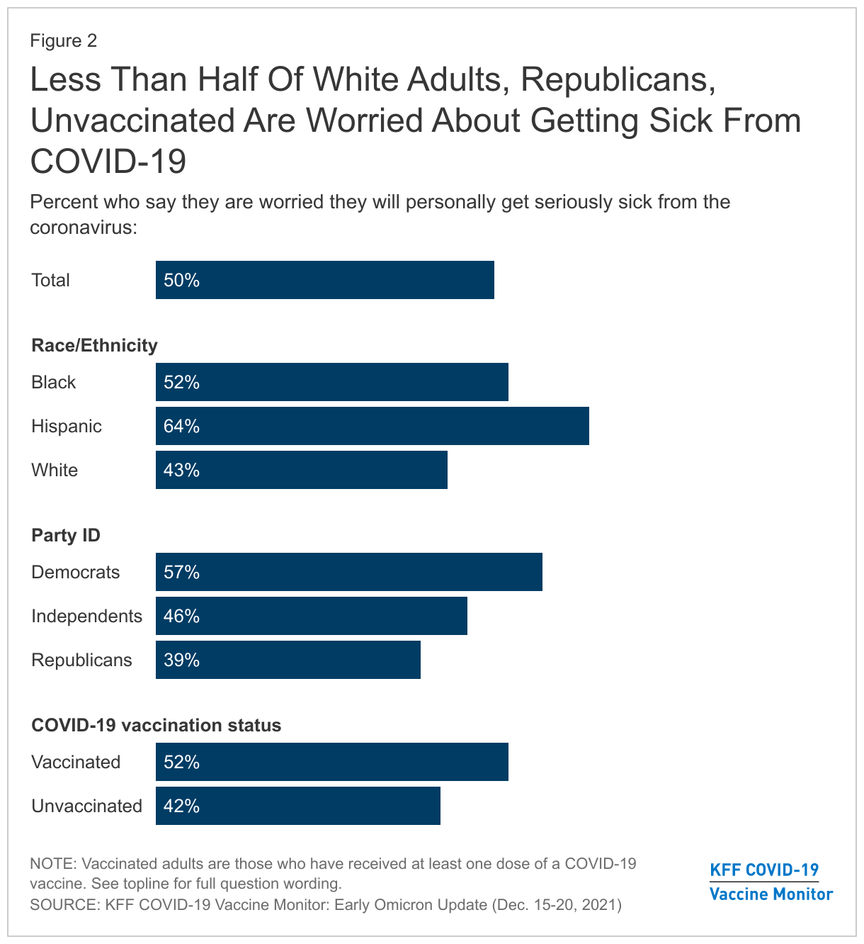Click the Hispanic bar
(x=372, y=426)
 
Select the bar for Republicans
(x=288, y=660)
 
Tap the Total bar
(x=324, y=280)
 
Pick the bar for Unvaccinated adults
(x=297, y=806)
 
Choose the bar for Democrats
(x=348, y=572)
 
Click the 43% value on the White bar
(x=181, y=470)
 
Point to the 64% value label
(x=181, y=426)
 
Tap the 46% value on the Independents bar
(x=181, y=616)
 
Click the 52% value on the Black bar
(x=181, y=382)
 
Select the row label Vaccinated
(x=76, y=762)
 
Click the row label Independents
(x=86, y=616)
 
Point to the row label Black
(x=53, y=382)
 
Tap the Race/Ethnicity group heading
(x=94, y=345)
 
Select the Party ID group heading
(x=66, y=535)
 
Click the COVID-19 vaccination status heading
(x=156, y=725)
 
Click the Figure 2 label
(x=63, y=40)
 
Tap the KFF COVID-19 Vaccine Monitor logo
(x=771, y=882)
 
